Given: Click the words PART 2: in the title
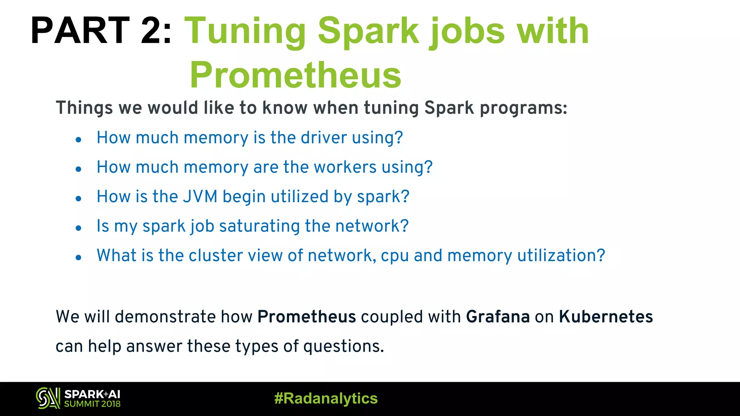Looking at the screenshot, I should click(x=101, y=31).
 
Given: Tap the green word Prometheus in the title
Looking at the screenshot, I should click(x=296, y=75).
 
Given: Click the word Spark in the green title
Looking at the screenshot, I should click(x=368, y=31).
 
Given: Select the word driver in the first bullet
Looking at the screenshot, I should click(x=324, y=138).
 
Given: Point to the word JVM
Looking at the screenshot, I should click(x=200, y=197).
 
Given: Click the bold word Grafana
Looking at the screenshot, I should click(x=498, y=317).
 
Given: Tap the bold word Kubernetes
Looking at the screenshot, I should click(x=606, y=317).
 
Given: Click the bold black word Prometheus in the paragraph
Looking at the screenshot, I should click(x=306, y=317).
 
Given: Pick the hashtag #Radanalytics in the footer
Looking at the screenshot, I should click(x=326, y=399).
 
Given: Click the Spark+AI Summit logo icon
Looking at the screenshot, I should click(x=48, y=398).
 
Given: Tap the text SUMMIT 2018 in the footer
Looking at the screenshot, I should click(x=92, y=404).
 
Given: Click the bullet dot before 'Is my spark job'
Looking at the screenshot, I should click(x=78, y=228).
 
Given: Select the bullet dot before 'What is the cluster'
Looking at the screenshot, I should click(x=78, y=257).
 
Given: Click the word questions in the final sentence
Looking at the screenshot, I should click(x=343, y=347).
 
